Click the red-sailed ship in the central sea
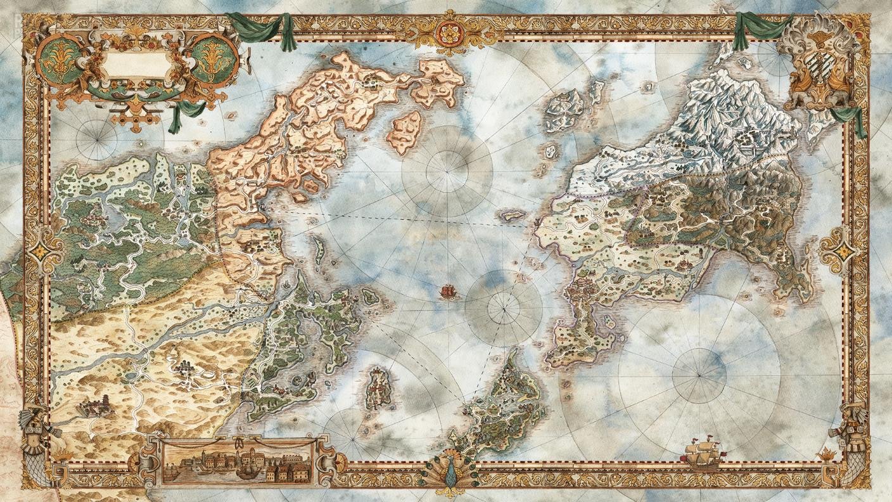(448, 292)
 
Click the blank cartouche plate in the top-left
(137, 66)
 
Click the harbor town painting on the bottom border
(237, 461)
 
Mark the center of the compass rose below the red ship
(504, 309)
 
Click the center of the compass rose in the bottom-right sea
(699, 375)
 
